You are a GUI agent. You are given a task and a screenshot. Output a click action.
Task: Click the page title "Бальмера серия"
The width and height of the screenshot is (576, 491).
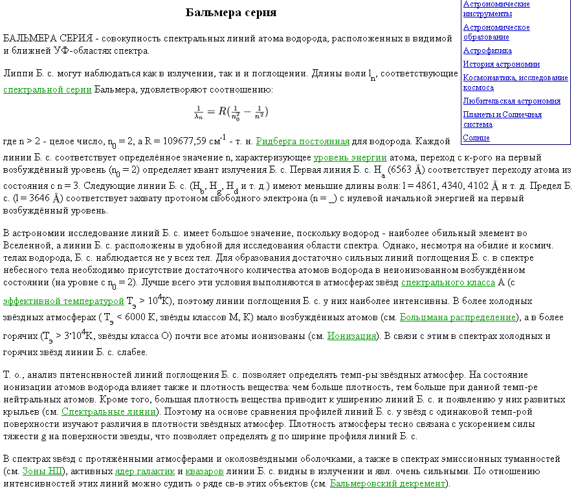tap(231, 13)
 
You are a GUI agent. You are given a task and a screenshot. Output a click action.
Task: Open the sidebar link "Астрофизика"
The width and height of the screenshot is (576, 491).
tap(487, 50)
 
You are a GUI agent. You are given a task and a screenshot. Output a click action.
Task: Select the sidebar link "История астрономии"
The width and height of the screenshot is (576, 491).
tap(501, 64)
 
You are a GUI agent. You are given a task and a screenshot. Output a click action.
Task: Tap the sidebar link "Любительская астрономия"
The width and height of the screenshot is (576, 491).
tap(511, 101)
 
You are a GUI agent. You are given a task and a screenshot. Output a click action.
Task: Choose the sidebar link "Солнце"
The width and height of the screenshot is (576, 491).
tap(476, 138)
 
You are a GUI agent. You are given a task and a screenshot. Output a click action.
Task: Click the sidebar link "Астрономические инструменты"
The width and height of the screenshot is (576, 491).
tap(496, 8)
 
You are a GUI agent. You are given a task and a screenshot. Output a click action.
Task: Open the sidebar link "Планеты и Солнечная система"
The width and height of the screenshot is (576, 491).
tap(502, 119)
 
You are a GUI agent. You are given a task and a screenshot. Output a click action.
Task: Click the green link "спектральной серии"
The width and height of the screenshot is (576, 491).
tap(47, 89)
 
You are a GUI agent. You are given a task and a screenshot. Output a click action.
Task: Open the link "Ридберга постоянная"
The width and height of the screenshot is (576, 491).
tap(303, 141)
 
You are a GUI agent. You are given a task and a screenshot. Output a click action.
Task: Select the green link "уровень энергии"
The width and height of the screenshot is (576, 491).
tap(350, 157)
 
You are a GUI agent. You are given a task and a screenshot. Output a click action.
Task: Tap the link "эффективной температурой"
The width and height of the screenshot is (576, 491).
tap(63, 301)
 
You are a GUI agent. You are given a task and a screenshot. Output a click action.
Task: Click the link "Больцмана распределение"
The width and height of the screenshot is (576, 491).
tap(458, 317)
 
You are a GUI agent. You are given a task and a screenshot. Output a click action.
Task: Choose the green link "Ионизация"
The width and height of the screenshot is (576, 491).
tap(351, 336)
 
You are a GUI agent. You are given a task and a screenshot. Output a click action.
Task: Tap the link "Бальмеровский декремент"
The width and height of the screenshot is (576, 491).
tap(387, 483)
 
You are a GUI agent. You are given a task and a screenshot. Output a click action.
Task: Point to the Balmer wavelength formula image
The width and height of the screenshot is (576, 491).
tap(231, 112)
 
